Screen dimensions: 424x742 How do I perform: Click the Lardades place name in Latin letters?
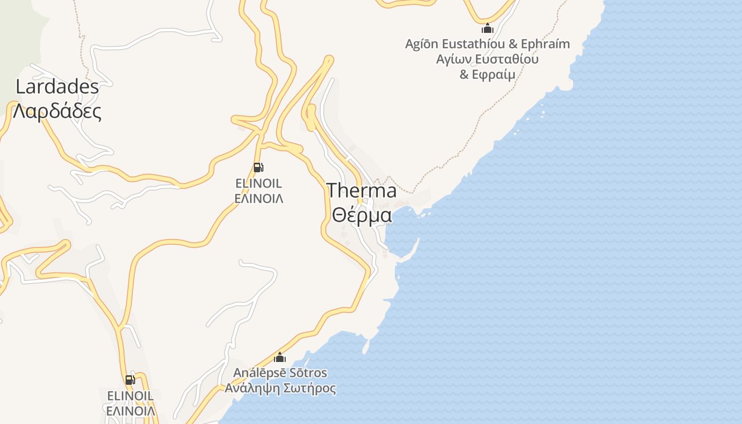click(x=57, y=86)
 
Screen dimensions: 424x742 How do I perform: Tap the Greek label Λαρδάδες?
click(x=57, y=111)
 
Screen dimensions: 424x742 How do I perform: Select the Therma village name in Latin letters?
click(x=361, y=190)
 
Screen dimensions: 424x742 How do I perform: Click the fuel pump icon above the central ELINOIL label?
click(x=259, y=167)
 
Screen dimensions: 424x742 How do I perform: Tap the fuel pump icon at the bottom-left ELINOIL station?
click(x=130, y=379)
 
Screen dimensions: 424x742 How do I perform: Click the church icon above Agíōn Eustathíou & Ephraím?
click(x=488, y=28)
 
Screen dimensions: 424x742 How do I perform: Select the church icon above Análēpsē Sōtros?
click(x=280, y=357)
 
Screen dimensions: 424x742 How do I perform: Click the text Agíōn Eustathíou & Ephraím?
click(x=488, y=44)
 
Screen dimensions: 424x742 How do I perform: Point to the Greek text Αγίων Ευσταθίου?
click(x=488, y=59)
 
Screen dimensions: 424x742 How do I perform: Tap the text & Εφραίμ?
click(x=488, y=74)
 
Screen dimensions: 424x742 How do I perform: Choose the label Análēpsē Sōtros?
click(x=280, y=373)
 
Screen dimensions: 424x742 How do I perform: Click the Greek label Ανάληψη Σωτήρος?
click(x=280, y=388)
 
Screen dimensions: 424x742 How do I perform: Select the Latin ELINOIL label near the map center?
click(x=259, y=183)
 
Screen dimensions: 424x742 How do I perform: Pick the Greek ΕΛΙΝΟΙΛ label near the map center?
click(x=259, y=199)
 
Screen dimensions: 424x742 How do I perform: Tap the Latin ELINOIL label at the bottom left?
click(x=130, y=395)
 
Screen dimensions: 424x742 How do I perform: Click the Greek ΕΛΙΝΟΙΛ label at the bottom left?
click(x=130, y=411)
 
